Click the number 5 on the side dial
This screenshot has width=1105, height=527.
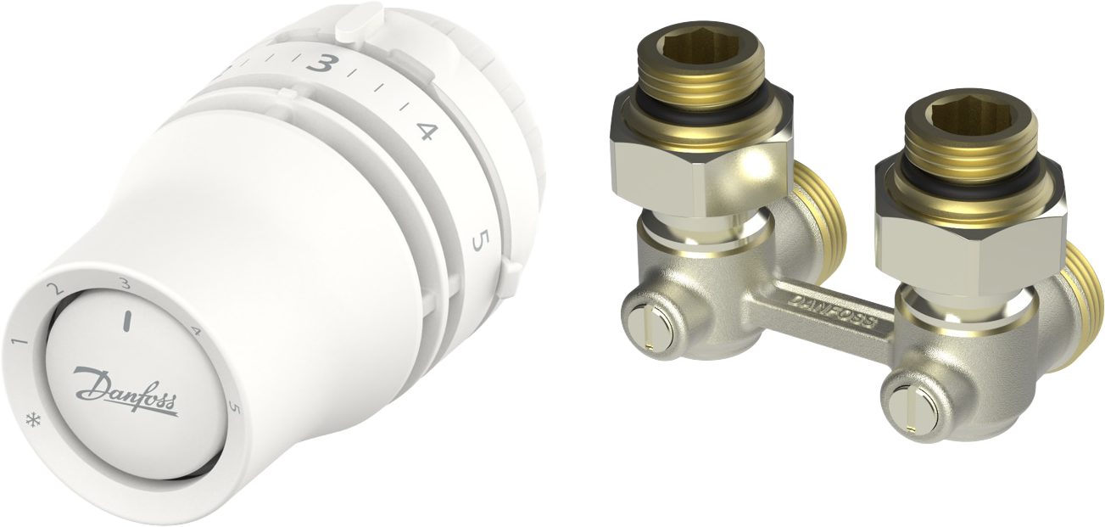tap(479, 241)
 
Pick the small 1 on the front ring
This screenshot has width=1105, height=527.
tap(20, 343)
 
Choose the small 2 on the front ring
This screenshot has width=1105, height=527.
tap(58, 289)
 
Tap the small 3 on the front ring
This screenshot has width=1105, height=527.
tap(126, 283)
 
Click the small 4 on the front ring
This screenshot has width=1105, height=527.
tap(198, 332)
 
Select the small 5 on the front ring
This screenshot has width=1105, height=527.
tap(234, 410)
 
